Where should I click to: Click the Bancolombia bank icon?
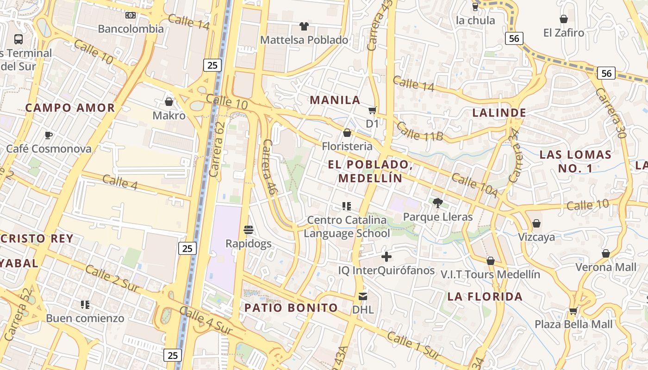click(131, 15)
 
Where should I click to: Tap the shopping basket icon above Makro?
click(169, 101)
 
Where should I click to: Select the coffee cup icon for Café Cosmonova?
click(49, 135)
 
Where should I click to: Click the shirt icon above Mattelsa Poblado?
click(304, 26)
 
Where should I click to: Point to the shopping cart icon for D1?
click(372, 110)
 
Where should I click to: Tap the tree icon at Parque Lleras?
click(437, 202)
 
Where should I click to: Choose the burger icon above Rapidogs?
click(249, 229)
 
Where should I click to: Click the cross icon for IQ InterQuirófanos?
click(386, 256)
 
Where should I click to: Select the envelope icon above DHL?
click(363, 296)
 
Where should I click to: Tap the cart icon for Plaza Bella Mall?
click(573, 311)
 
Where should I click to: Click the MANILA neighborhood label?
click(335, 100)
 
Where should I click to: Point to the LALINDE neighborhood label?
click(499, 112)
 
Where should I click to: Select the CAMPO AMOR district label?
click(70, 108)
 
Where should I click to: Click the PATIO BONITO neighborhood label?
click(291, 308)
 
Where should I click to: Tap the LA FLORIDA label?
click(485, 296)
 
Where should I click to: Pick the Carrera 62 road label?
click(217, 149)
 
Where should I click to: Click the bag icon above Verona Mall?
click(605, 253)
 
